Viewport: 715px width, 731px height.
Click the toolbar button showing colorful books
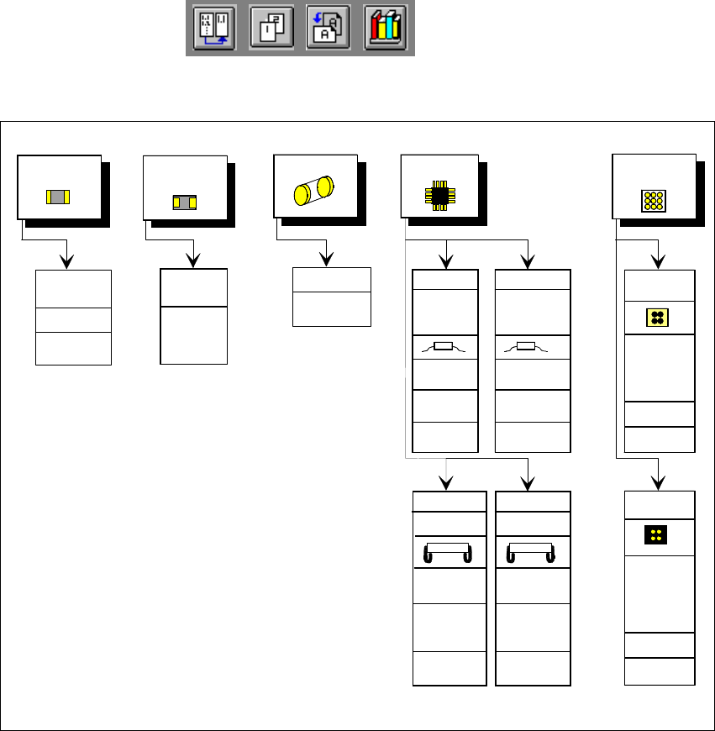tap(385, 29)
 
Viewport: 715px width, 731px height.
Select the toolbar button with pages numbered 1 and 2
tap(271, 29)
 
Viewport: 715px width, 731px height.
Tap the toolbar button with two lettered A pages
tap(328, 29)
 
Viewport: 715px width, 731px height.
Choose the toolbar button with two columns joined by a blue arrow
tap(213, 29)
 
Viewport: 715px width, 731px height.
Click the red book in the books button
tap(376, 32)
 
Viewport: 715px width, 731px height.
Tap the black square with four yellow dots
tap(656, 536)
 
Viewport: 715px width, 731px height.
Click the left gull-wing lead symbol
tap(444, 346)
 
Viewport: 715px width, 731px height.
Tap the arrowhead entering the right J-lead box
tap(528, 482)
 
